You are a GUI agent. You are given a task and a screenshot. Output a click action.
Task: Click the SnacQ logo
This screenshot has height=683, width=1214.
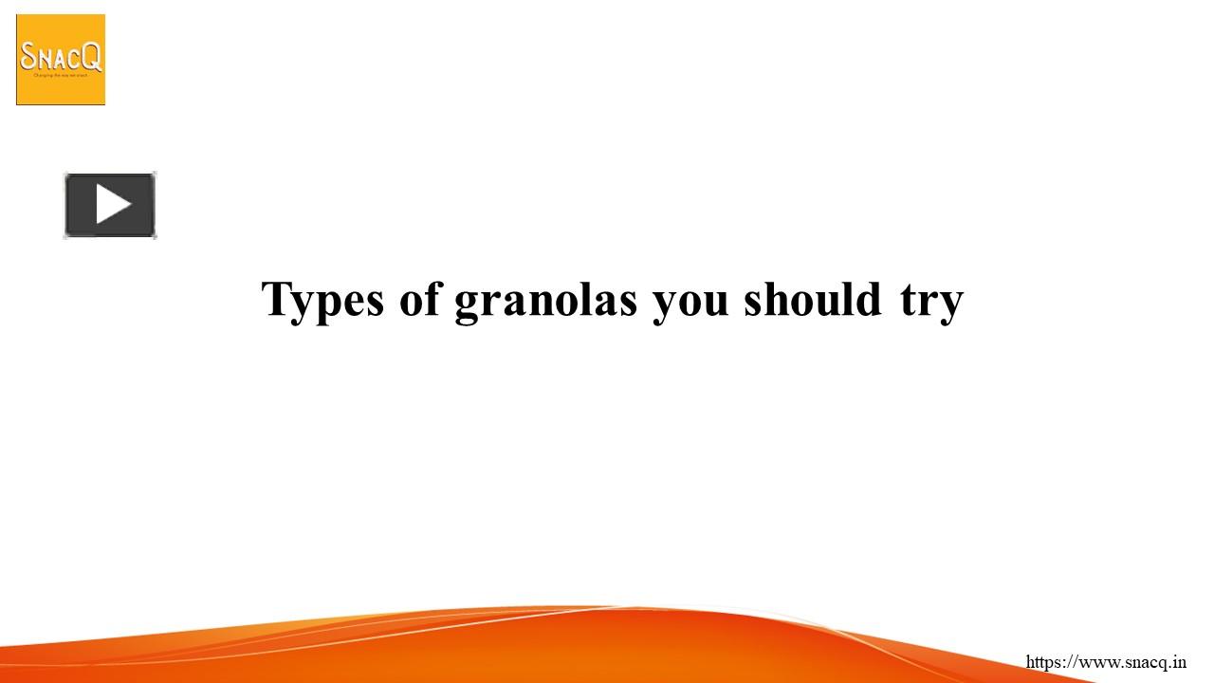click(61, 60)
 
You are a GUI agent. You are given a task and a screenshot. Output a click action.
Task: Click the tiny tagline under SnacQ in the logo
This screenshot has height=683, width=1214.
click(61, 74)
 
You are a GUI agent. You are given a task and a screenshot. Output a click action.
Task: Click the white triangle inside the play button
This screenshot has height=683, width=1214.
click(112, 205)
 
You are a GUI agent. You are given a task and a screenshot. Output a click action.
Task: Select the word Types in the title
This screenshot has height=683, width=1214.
click(322, 300)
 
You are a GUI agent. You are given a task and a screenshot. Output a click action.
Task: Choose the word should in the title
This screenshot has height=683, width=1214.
click(813, 299)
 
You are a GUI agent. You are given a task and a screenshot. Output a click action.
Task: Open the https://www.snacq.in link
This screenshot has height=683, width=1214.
click(1106, 662)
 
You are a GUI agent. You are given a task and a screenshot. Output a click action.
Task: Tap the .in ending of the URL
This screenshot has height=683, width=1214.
click(1176, 662)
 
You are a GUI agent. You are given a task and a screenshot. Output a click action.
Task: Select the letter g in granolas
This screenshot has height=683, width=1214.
click(469, 304)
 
